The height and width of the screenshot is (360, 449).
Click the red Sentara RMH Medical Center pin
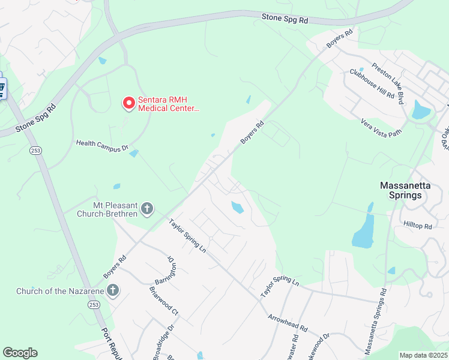click(x=128, y=104)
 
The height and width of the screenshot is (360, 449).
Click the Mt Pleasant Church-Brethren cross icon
click(x=148, y=209)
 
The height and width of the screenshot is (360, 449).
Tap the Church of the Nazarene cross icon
click(x=112, y=292)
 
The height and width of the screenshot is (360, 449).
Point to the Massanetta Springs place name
click(x=405, y=190)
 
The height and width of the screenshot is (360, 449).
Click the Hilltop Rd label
click(x=418, y=226)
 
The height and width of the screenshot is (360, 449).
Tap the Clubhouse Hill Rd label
click(x=372, y=85)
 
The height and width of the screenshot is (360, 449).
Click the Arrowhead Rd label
click(x=288, y=324)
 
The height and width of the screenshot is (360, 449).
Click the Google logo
click(x=20, y=353)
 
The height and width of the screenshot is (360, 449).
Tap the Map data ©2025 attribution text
click(x=423, y=355)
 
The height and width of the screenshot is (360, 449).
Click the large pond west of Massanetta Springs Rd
click(x=363, y=232)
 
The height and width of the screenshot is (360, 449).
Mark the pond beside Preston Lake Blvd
click(x=421, y=110)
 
